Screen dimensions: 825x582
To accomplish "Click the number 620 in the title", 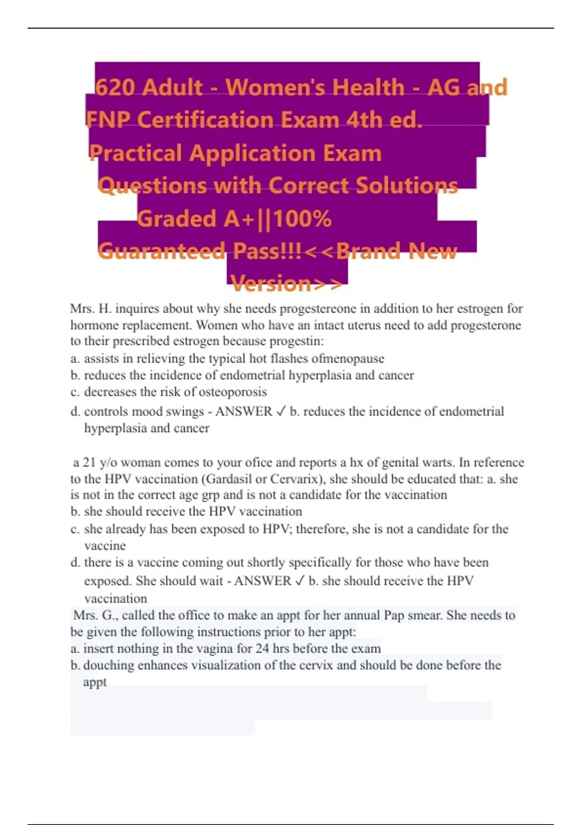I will coord(115,88).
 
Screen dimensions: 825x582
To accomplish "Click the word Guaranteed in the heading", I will coord(162,251).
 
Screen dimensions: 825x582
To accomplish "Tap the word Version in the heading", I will coord(272,283).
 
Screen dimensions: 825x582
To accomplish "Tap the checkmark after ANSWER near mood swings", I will coord(281,412).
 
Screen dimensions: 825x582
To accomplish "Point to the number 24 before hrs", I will coord(262,648).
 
